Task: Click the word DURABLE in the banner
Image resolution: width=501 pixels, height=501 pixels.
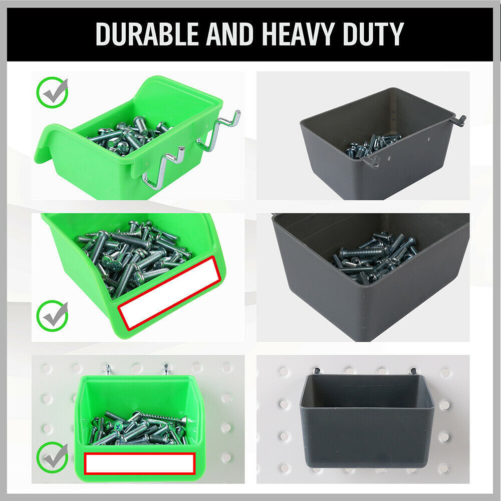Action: [x=148, y=34]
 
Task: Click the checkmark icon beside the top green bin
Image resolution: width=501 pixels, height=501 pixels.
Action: [x=53, y=92]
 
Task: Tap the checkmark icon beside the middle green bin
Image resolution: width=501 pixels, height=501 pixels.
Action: [x=53, y=315]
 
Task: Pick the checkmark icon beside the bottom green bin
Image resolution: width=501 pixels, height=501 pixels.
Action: [x=53, y=456]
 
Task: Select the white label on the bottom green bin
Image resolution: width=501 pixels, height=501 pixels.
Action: [x=139, y=463]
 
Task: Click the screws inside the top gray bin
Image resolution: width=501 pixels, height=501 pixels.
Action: [x=373, y=144]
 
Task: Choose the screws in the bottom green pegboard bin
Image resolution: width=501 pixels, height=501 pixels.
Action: [x=138, y=428]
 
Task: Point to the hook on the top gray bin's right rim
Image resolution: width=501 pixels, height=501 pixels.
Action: [x=458, y=120]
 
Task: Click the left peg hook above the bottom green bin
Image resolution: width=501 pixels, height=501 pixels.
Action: [x=107, y=370]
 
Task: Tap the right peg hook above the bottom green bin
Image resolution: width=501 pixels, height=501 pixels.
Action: [x=165, y=370]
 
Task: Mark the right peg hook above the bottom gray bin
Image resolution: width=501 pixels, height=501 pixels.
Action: [x=414, y=372]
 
